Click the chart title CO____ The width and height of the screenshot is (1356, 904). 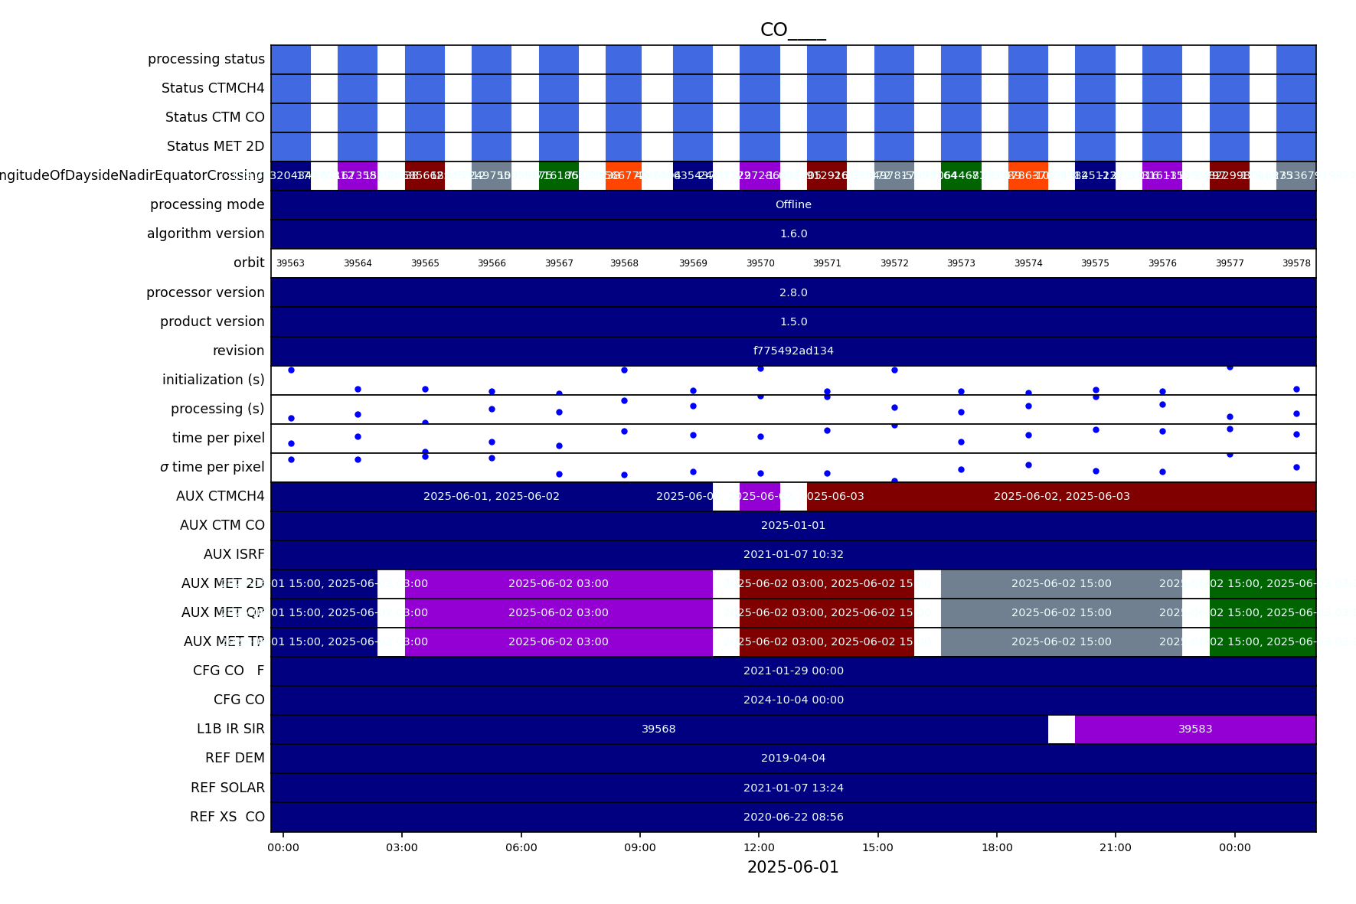(792, 30)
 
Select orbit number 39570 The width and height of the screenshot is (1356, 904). (760, 263)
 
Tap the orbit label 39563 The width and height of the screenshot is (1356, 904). (290, 263)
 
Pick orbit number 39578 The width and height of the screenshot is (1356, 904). (1296, 263)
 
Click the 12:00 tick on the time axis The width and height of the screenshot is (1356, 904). (759, 847)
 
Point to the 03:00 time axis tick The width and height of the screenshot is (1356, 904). (402, 847)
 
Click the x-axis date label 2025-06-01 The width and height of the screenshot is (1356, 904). (792, 867)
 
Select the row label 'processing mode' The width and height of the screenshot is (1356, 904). (207, 204)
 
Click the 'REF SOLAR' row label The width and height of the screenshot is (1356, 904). (227, 788)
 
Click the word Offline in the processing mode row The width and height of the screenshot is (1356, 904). (793, 204)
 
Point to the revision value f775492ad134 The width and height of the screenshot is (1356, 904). (793, 351)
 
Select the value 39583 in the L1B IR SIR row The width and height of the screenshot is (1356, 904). (1195, 729)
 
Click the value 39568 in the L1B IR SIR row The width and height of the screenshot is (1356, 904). (658, 729)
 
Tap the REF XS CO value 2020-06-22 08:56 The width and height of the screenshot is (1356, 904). (793, 817)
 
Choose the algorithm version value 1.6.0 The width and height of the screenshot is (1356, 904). (793, 233)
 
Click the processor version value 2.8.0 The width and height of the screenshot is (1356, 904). (793, 292)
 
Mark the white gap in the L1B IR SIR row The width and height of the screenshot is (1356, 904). (1061, 729)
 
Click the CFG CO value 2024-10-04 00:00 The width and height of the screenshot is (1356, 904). (793, 700)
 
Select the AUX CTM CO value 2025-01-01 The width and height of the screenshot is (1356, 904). (793, 525)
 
